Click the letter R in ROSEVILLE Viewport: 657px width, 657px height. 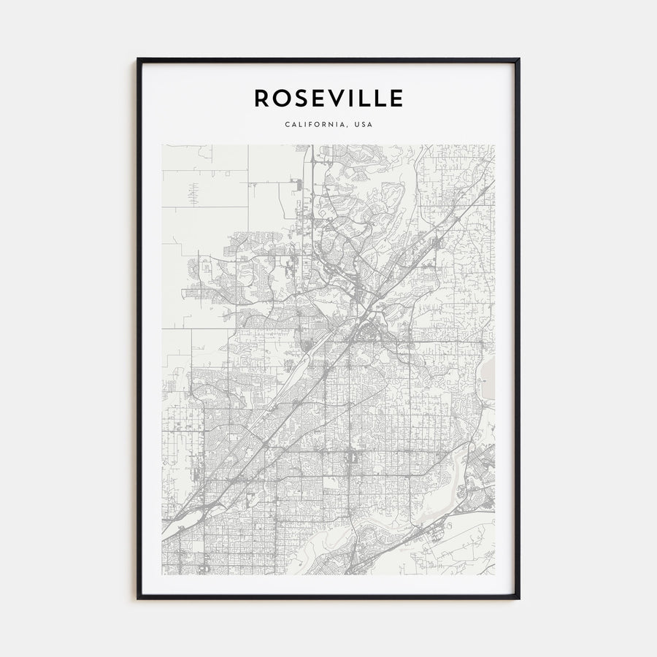click(x=261, y=98)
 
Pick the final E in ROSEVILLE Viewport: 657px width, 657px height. click(x=396, y=98)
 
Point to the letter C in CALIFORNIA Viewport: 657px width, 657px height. click(x=287, y=124)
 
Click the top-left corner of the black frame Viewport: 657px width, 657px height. click(x=137, y=59)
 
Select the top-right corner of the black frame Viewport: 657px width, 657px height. click(x=519, y=59)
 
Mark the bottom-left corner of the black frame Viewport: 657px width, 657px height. click(x=137, y=599)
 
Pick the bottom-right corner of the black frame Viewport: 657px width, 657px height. click(x=519, y=599)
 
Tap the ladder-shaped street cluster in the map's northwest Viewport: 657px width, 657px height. click(x=193, y=193)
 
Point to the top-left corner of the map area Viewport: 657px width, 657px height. click(x=162, y=145)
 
